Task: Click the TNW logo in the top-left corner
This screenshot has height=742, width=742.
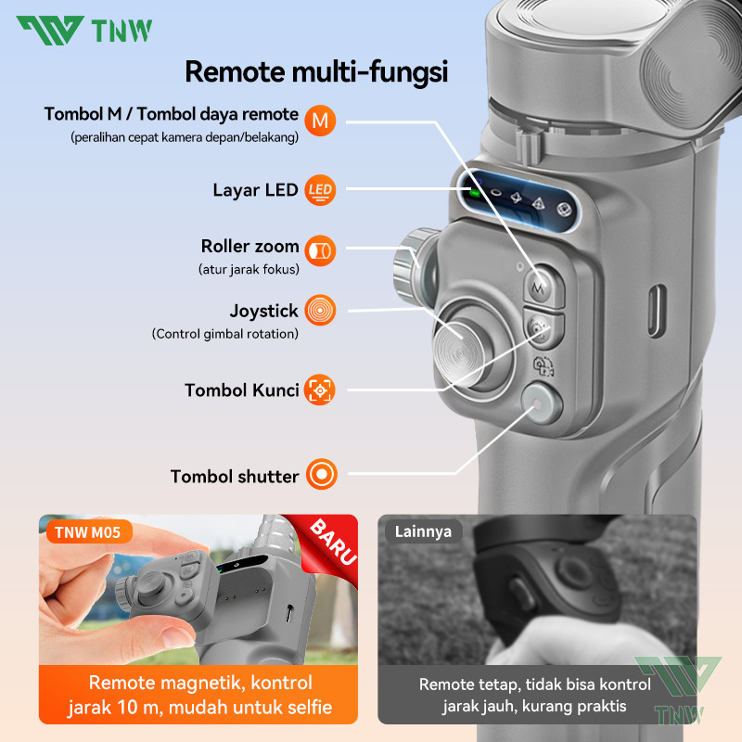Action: point(84,31)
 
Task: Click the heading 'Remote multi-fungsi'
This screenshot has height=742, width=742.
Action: point(316,72)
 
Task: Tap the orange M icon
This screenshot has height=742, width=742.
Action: point(320,121)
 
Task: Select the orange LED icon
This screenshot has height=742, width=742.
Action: point(320,190)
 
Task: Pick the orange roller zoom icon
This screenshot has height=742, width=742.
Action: point(320,250)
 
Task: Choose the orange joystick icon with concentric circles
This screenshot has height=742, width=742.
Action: point(320,310)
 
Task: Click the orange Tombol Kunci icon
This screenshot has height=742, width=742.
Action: point(320,390)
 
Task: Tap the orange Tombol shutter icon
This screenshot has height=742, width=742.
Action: point(322,474)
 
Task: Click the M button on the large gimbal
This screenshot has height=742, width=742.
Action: point(543,285)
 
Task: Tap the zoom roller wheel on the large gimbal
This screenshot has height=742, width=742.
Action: point(414,266)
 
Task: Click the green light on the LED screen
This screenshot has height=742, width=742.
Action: point(474,192)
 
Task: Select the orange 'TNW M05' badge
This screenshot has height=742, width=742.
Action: point(88,532)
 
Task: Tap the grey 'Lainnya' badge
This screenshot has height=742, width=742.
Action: point(423,531)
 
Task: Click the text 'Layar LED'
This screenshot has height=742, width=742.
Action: point(255,190)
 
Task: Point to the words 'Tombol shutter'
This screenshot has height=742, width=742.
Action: point(235,476)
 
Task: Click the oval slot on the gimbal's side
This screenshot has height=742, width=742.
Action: point(657,311)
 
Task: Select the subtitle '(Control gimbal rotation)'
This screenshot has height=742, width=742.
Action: point(224,334)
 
